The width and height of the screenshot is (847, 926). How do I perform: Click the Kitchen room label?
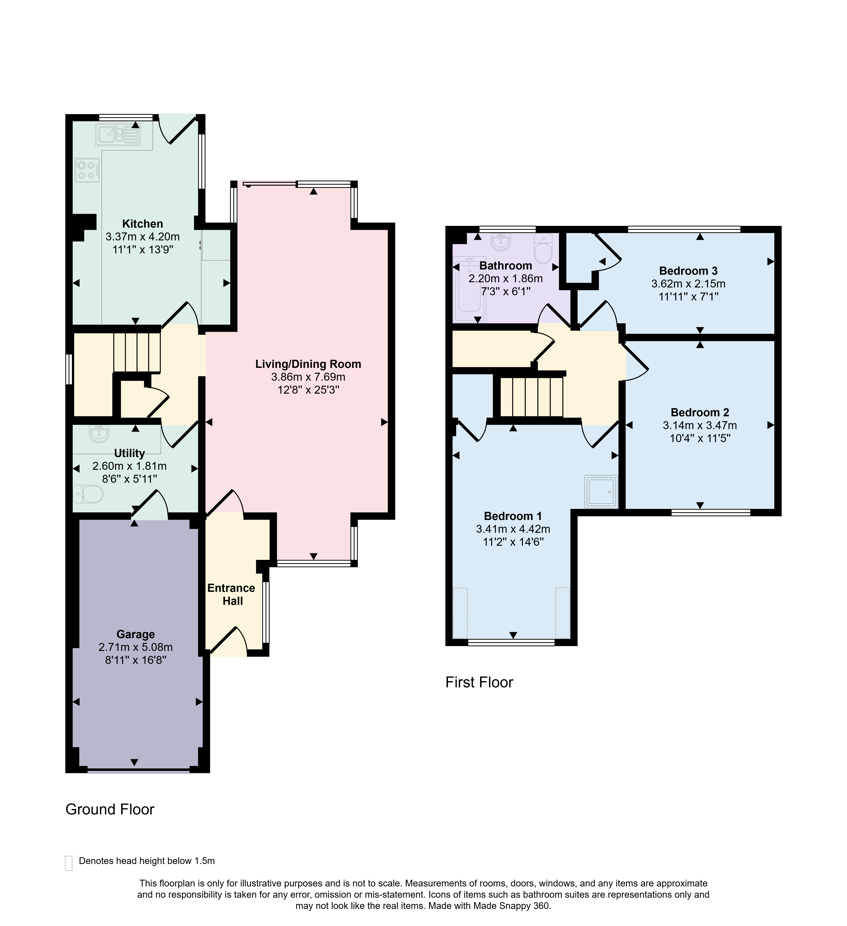142,224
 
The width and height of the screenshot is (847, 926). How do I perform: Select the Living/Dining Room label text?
308,364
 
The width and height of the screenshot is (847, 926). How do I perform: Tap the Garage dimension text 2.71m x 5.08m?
135,647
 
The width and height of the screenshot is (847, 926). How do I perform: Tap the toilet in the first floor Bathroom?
543,249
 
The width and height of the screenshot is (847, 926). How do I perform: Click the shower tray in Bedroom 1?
601,491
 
